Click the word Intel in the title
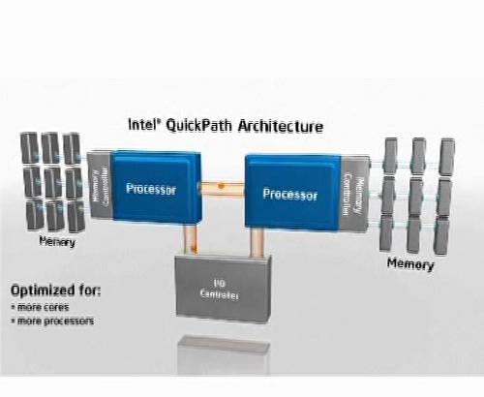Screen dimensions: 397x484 (145, 126)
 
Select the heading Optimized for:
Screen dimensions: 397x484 (55, 290)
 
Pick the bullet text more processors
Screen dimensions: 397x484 (54, 321)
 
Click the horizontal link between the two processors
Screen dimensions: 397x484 (221, 185)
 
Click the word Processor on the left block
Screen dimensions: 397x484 (150, 190)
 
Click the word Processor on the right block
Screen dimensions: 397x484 (289, 194)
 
